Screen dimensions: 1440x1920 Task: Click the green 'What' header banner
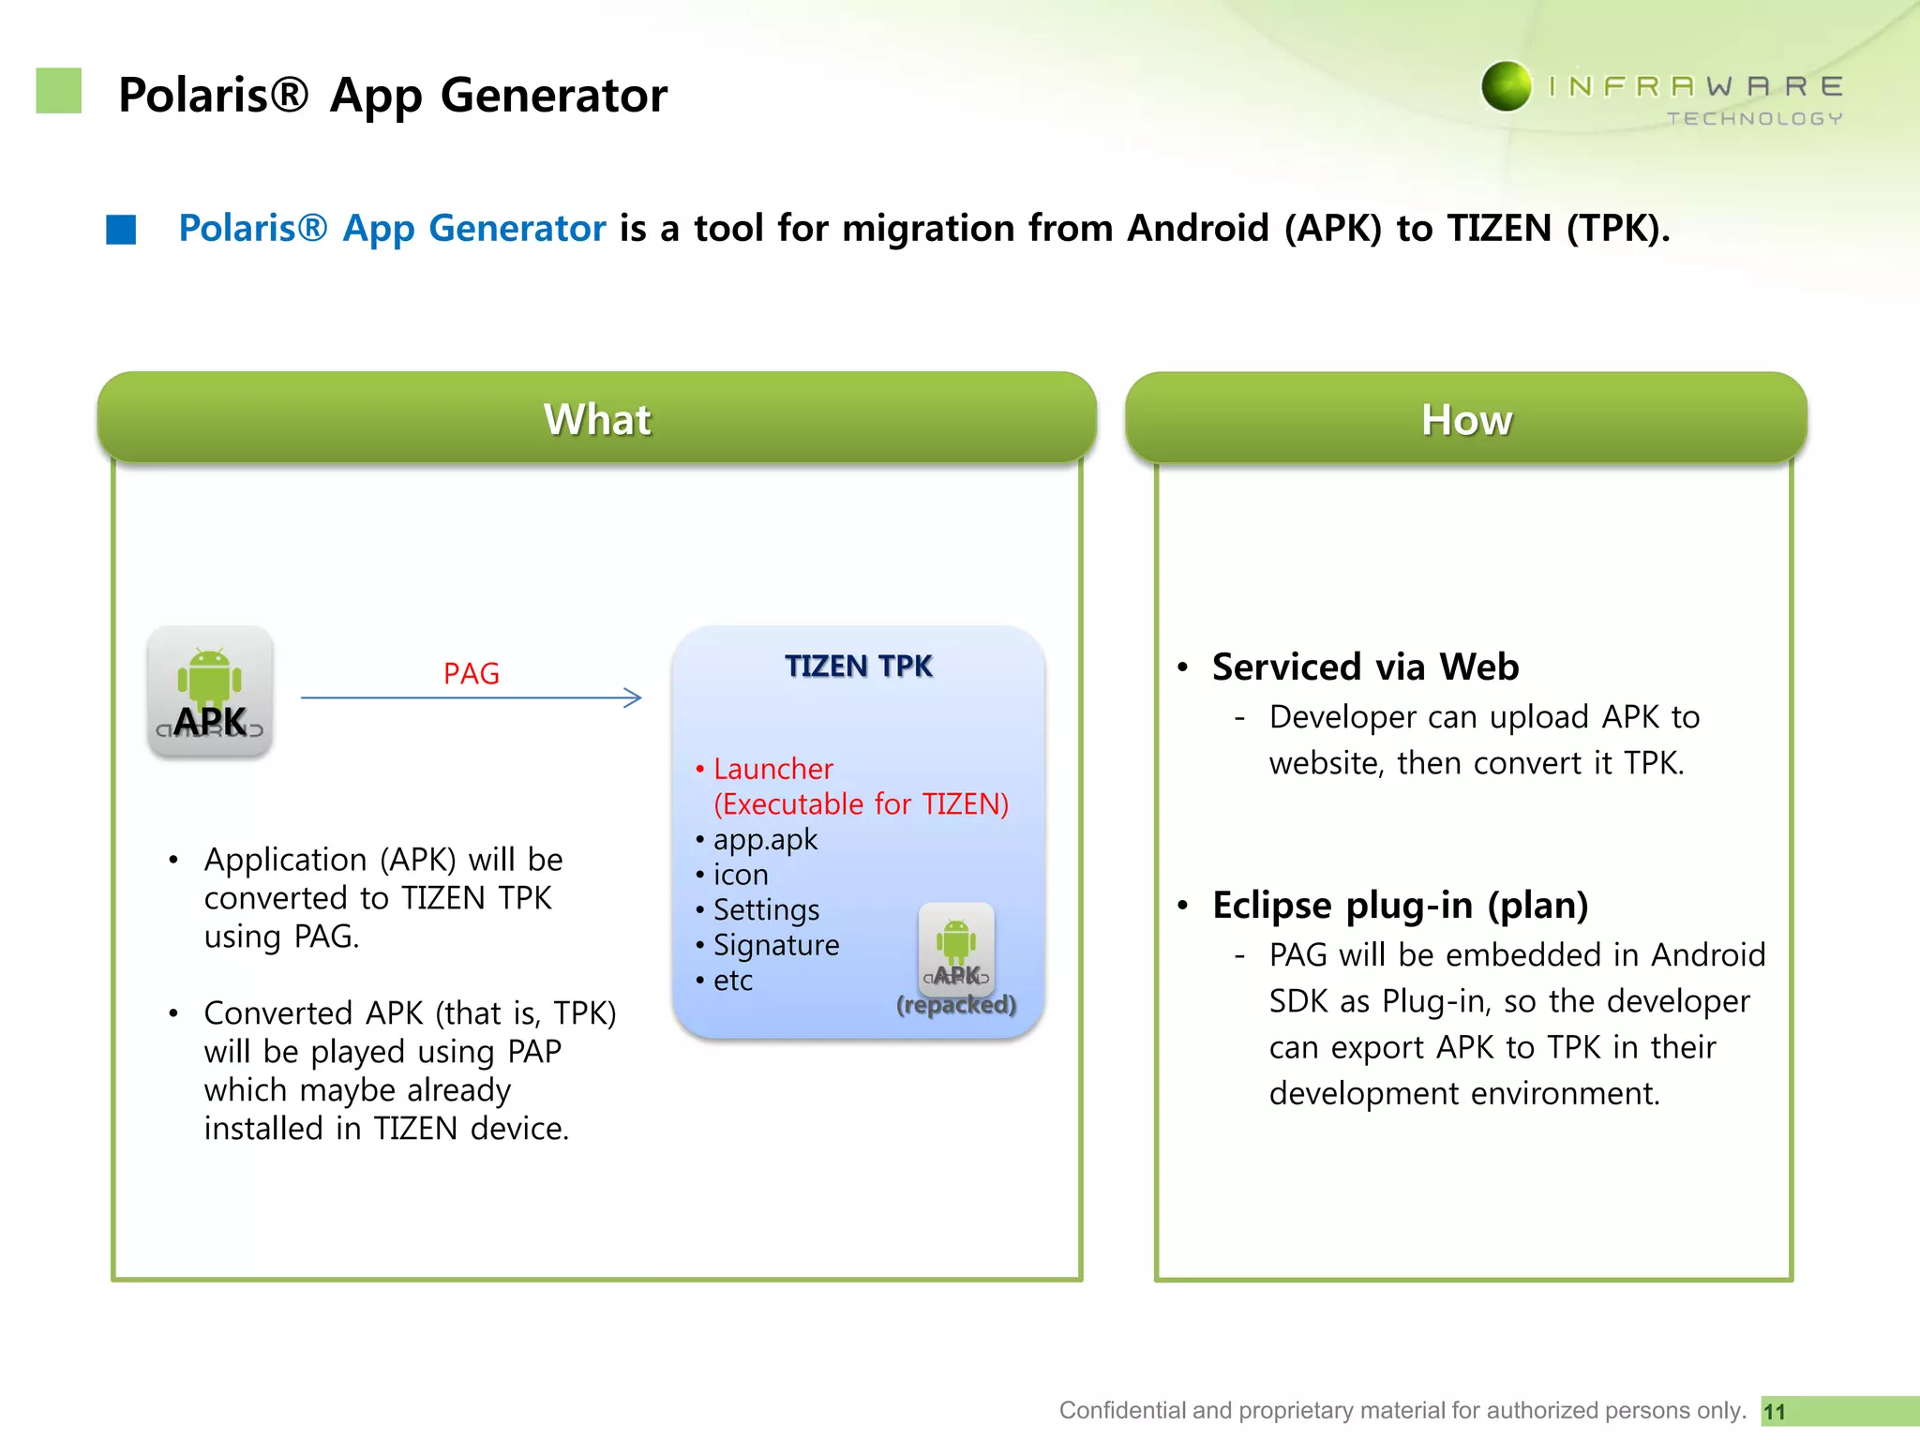click(597, 419)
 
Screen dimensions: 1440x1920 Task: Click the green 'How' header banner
click(1466, 419)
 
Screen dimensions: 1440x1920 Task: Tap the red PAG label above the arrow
click(471, 673)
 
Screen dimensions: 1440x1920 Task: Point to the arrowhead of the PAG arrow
click(635, 697)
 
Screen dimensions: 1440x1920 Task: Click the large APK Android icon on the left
click(210, 692)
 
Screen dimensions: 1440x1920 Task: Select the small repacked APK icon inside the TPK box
click(956, 947)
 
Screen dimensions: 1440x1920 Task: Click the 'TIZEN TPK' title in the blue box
click(858, 666)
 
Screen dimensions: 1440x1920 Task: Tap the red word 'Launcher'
click(772, 769)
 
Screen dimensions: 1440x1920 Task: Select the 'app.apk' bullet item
click(765, 839)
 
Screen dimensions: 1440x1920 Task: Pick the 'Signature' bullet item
click(776, 945)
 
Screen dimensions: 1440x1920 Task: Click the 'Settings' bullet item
click(766, 909)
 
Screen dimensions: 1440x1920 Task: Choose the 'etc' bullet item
click(732, 981)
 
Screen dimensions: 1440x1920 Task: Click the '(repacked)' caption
click(956, 1005)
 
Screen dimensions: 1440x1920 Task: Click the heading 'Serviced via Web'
click(1365, 667)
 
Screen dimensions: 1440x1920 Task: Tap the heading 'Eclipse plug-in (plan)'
click(1400, 905)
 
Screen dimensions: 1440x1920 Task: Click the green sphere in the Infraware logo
click(1507, 86)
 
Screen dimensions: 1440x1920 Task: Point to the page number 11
click(1775, 1412)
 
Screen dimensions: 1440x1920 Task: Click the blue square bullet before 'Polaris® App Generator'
click(121, 230)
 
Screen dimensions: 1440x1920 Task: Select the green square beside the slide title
click(59, 91)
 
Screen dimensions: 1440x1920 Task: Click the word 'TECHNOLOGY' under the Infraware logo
click(1754, 119)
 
